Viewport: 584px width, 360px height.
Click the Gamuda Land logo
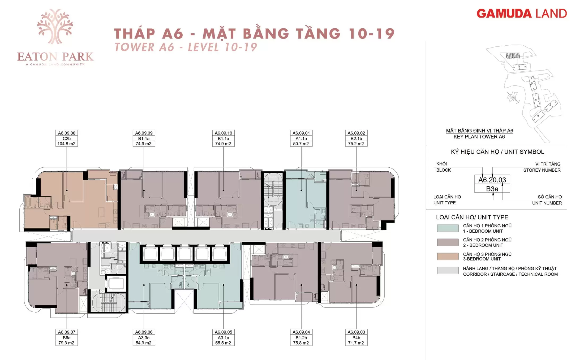[x=522, y=14]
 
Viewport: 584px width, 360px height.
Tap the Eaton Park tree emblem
[x=55, y=27]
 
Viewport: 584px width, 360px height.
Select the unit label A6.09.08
[x=67, y=133]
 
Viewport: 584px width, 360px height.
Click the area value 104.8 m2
[x=66, y=144]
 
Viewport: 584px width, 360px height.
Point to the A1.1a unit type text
[x=301, y=138]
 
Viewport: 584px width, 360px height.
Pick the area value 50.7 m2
[x=301, y=144]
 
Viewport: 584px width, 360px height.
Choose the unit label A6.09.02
[x=356, y=133]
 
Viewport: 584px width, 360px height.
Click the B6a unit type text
[x=67, y=338]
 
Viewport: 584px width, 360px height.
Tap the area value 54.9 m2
[x=144, y=343]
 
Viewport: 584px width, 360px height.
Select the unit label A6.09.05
[x=224, y=332]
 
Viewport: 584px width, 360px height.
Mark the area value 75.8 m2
[x=301, y=343]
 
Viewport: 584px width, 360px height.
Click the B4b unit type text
[x=356, y=338]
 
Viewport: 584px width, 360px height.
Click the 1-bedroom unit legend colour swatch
[x=448, y=228]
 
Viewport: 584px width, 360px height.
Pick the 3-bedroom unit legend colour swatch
[x=448, y=256]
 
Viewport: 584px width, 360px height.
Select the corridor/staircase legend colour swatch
[x=448, y=270]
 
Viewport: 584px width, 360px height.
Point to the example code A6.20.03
[x=492, y=180]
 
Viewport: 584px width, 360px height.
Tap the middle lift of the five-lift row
[x=185, y=254]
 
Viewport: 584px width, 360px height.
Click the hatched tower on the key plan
[x=513, y=56]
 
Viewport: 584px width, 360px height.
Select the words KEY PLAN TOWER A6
[x=479, y=137]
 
